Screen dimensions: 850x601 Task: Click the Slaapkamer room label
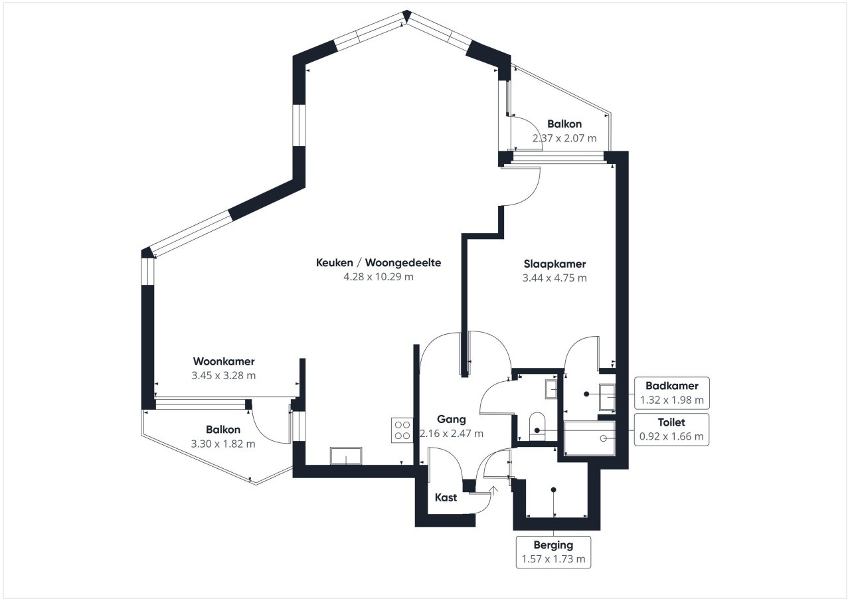click(554, 264)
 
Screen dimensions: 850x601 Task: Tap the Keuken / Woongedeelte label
click(379, 262)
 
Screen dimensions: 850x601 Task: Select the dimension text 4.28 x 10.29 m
click(379, 277)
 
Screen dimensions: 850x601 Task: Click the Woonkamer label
click(224, 361)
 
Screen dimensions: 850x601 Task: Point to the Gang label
click(451, 419)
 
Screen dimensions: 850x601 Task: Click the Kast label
click(446, 497)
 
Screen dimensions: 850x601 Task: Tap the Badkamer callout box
click(671, 392)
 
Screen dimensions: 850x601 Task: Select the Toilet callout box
click(671, 430)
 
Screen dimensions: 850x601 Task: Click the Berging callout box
click(553, 552)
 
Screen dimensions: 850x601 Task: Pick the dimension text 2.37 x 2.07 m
click(564, 138)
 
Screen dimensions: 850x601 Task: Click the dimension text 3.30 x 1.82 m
click(222, 444)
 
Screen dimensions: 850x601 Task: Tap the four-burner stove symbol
click(402, 430)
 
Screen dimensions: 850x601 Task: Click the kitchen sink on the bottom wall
click(346, 456)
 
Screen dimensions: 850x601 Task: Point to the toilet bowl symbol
click(537, 426)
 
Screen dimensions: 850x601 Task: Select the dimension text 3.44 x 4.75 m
click(554, 278)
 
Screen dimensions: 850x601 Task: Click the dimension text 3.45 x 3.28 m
click(224, 375)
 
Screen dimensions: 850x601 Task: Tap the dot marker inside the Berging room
click(554, 490)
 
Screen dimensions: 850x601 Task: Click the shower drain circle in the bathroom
click(603, 438)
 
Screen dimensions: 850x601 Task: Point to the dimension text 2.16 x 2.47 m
click(451, 433)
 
